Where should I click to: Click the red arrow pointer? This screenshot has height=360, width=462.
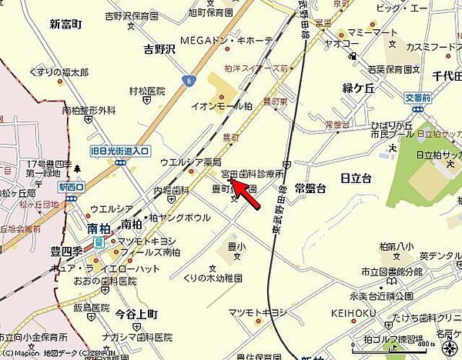point(244,192)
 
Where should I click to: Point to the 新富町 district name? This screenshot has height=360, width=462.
point(65,24)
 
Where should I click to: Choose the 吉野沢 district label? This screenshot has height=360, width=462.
point(160,49)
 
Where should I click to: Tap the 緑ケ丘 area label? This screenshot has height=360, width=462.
point(358,89)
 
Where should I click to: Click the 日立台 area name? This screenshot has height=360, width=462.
point(355,178)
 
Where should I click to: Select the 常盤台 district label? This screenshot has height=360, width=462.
point(310,188)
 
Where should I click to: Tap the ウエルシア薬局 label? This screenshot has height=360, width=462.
point(190,162)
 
